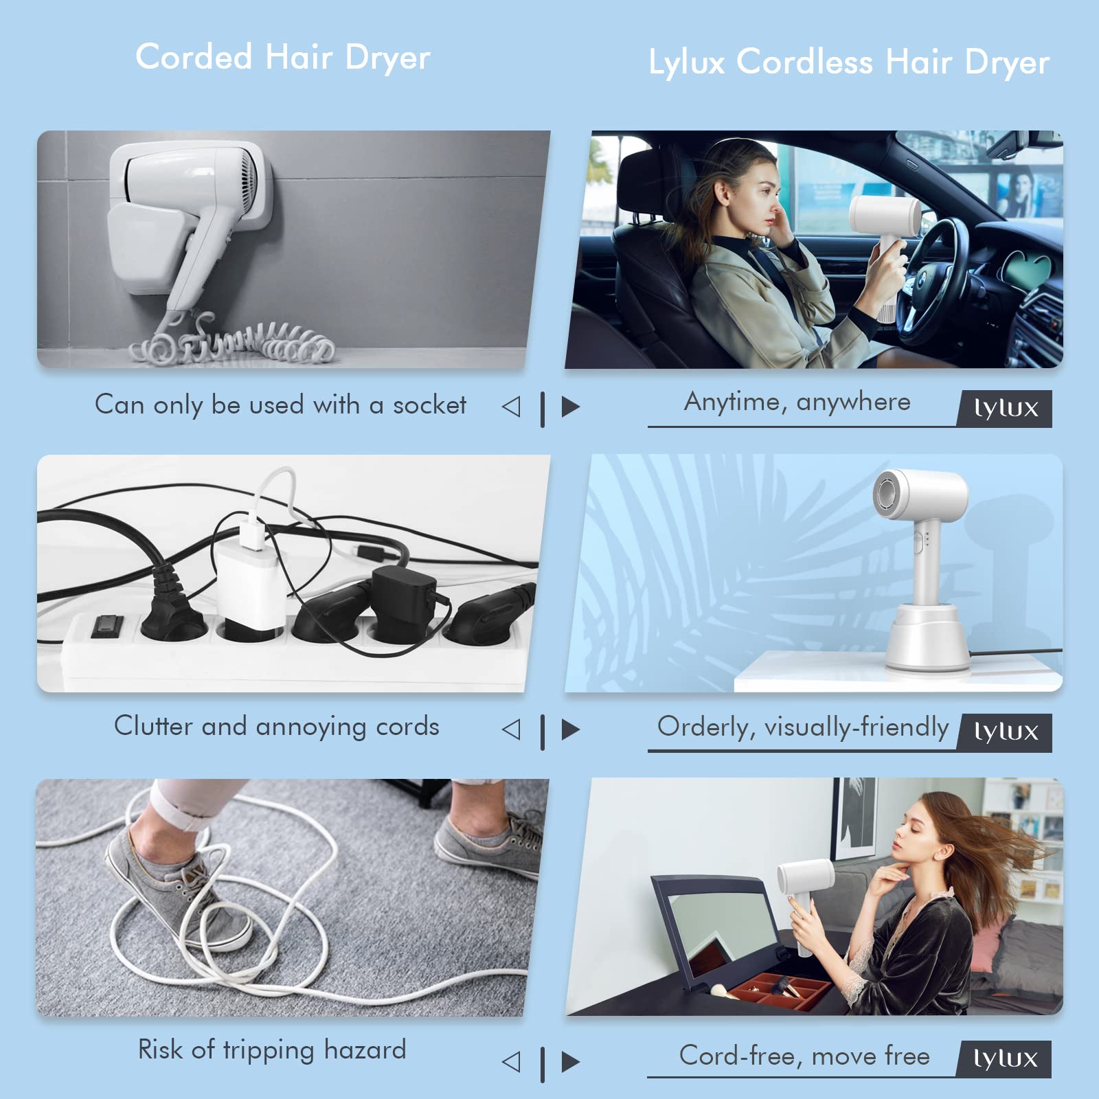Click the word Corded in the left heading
click(x=194, y=56)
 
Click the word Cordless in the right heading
click(x=804, y=62)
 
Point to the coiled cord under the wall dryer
click(x=234, y=341)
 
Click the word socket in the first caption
click(x=429, y=405)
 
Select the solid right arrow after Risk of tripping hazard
click(x=571, y=1062)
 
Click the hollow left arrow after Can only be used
click(x=511, y=407)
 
